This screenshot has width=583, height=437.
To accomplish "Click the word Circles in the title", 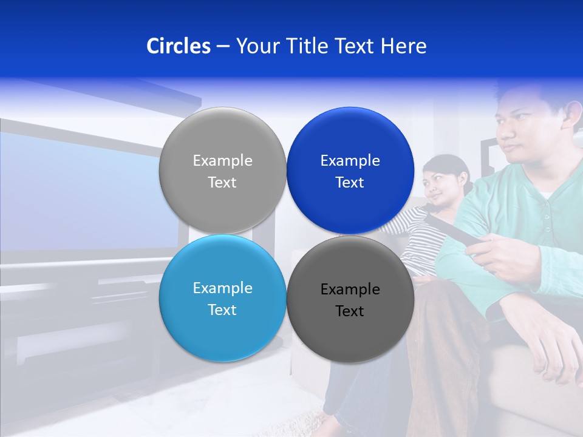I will click(178, 46).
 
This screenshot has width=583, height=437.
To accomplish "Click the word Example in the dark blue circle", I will click(350, 161).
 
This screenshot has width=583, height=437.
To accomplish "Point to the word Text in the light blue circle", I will click(222, 310).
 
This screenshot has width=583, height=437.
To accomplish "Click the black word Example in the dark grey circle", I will click(350, 290).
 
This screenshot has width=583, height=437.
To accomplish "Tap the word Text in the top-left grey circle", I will click(222, 183).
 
